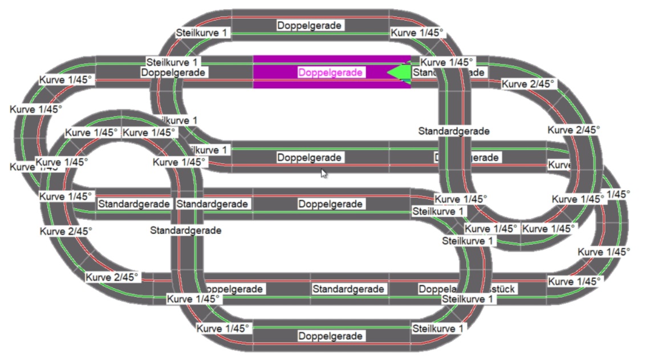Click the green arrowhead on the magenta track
[x=399, y=72]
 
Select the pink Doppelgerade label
[x=331, y=73]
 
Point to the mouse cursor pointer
[x=323, y=173]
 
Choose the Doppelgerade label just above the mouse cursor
[x=310, y=157]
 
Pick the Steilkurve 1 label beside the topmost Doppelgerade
[x=202, y=33]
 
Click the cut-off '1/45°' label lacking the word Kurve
[x=618, y=194]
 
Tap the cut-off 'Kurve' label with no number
[x=559, y=165]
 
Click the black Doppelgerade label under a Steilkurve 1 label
[x=173, y=72]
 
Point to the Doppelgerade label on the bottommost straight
[x=331, y=336]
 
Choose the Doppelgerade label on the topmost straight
[x=310, y=25]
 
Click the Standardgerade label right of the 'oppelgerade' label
[x=349, y=289]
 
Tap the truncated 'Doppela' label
[x=430, y=289]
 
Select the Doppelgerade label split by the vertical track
[x=468, y=157]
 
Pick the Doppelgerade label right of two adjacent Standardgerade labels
[x=331, y=204]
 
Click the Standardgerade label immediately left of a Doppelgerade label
[x=212, y=204]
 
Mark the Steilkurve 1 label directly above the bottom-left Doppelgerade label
[x=172, y=62]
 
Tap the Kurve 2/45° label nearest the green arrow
[x=528, y=84]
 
